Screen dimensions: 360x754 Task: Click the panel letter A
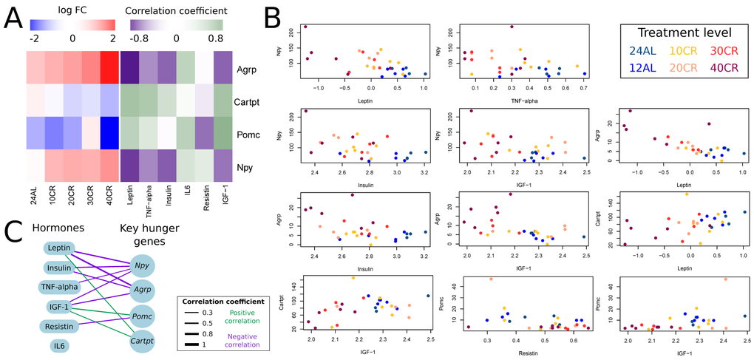[x=13, y=16]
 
